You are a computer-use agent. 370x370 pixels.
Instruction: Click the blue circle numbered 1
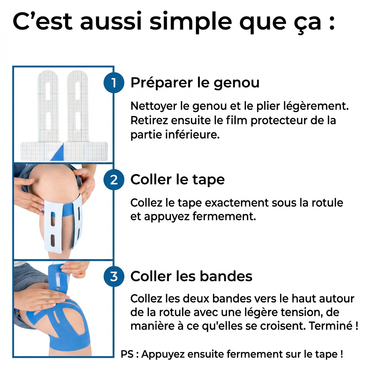click(x=114, y=83)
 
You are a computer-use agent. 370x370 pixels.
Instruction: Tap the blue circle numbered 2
click(x=114, y=180)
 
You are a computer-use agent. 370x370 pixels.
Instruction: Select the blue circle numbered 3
click(x=114, y=276)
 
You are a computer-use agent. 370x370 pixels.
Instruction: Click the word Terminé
click(x=331, y=326)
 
